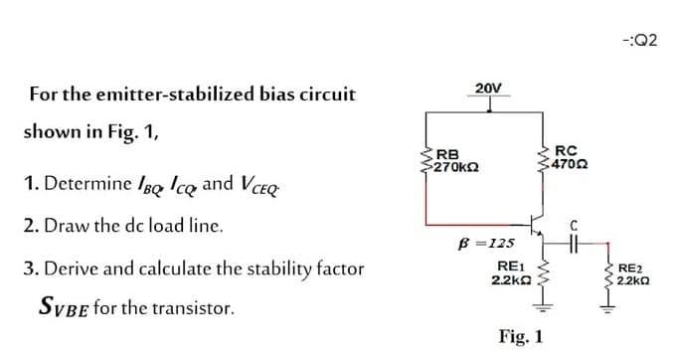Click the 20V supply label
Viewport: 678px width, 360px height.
[x=488, y=88]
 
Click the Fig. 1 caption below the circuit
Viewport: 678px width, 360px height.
[x=526, y=336]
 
